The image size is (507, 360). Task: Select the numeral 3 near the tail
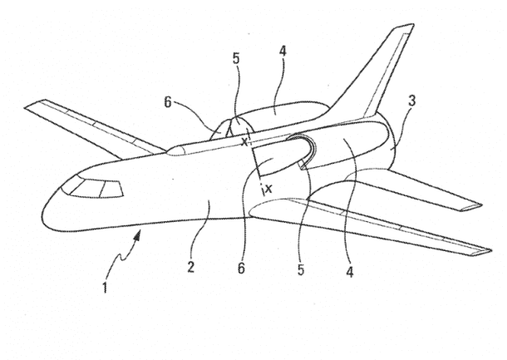[413, 101]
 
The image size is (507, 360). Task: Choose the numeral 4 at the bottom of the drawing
[352, 269]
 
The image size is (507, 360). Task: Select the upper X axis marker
[244, 141]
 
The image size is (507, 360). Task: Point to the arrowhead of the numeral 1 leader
[141, 236]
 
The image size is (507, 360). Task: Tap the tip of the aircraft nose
[41, 218]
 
